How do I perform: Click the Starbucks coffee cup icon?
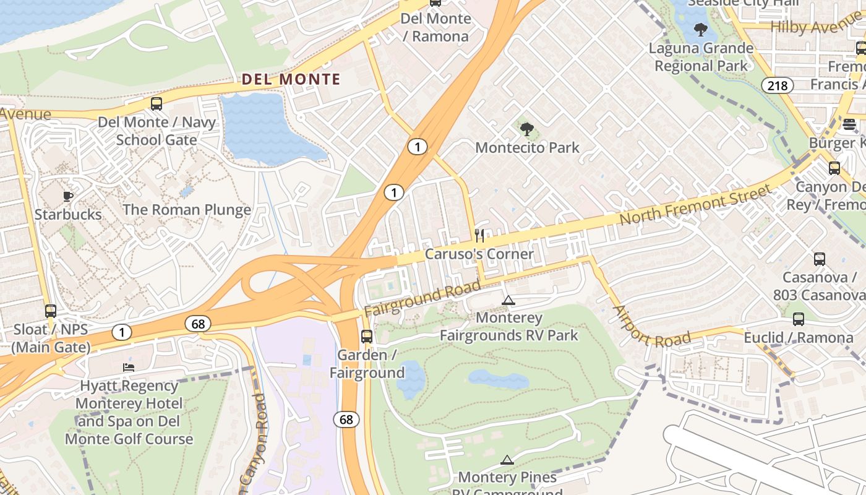(x=68, y=197)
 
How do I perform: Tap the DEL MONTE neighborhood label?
(x=291, y=79)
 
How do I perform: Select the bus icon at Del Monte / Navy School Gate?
(x=156, y=104)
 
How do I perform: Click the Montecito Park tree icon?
(x=527, y=129)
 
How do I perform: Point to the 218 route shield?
(x=777, y=85)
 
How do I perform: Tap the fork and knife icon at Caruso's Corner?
(x=479, y=235)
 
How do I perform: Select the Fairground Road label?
(x=422, y=298)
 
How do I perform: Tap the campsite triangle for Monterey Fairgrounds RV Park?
(x=508, y=301)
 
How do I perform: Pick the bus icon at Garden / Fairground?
(x=367, y=337)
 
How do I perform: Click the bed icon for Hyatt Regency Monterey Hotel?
(x=129, y=368)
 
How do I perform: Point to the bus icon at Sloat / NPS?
(x=51, y=311)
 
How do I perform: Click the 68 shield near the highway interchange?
(x=198, y=324)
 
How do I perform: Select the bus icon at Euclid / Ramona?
(x=799, y=319)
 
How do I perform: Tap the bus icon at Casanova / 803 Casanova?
(x=820, y=259)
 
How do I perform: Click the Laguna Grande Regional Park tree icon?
(x=701, y=30)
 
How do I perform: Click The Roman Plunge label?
(x=187, y=209)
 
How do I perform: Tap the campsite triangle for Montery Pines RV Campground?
(x=507, y=460)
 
